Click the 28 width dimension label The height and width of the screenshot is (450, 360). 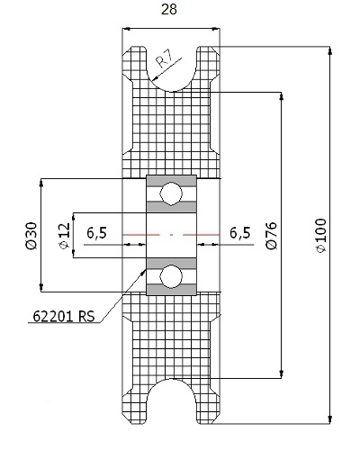[x=169, y=9]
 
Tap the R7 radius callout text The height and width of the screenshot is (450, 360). [x=165, y=59]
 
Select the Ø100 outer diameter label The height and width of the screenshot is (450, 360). [x=321, y=236]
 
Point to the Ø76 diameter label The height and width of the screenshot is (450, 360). [x=272, y=236]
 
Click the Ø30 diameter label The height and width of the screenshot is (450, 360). [x=31, y=236]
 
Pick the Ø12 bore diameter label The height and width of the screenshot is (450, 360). [x=65, y=236]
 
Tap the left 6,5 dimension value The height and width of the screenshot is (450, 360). [x=96, y=233]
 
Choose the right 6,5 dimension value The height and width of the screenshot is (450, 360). [x=240, y=233]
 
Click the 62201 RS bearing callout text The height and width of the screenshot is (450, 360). [x=64, y=316]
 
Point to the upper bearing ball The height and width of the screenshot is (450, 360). [x=171, y=193]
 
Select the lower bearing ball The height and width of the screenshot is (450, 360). [x=171, y=277]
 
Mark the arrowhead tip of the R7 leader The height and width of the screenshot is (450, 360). [x=152, y=81]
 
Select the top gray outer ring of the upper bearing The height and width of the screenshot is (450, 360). [x=171, y=181]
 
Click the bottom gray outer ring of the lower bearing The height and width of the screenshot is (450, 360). [x=171, y=290]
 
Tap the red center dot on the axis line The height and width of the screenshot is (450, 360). [x=171, y=235]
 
